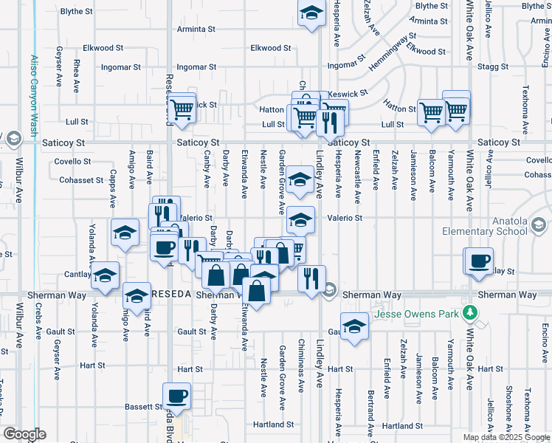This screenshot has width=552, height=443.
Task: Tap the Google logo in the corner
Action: point(25,433)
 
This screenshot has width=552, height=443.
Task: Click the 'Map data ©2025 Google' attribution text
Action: point(506,437)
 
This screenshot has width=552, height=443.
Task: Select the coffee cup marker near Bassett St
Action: point(177,394)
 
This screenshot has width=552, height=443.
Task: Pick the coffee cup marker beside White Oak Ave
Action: point(479,260)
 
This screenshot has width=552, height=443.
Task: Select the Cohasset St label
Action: point(81,180)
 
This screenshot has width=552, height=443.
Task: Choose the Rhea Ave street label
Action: point(77,77)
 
